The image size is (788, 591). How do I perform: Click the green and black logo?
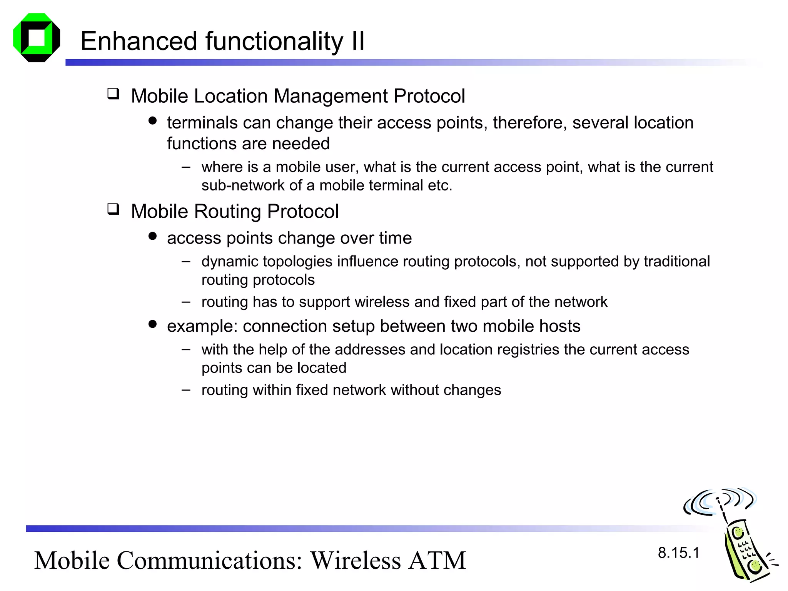(x=37, y=38)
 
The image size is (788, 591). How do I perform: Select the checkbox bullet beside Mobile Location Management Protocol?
(x=113, y=93)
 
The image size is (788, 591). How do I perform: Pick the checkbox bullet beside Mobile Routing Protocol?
(x=113, y=209)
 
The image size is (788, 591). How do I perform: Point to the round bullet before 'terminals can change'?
(x=153, y=121)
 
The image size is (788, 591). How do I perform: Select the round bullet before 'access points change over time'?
(x=153, y=236)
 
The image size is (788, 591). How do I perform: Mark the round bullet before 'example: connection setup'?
(x=153, y=324)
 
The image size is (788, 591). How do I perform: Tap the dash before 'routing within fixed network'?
(x=186, y=390)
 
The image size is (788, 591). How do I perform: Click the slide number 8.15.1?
(x=678, y=553)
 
